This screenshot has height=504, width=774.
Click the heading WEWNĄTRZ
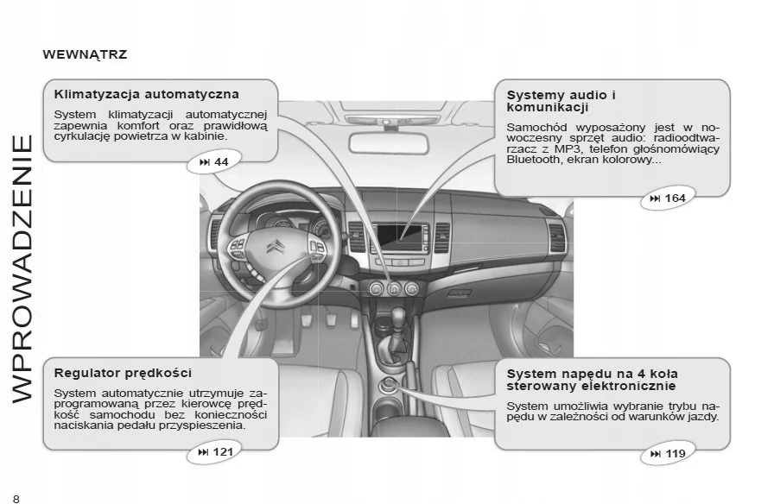85,54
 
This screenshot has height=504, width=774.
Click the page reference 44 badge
214,162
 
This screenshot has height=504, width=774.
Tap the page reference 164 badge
665,198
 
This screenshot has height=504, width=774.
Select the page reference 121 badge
215,452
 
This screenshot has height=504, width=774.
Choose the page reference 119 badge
665,454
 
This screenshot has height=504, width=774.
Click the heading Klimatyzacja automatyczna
146,93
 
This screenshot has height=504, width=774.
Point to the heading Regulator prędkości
123,373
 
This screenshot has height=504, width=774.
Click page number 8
16,497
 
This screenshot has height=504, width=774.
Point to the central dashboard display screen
401,236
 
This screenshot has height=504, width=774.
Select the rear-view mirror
386,144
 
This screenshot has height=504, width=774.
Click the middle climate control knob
394,288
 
